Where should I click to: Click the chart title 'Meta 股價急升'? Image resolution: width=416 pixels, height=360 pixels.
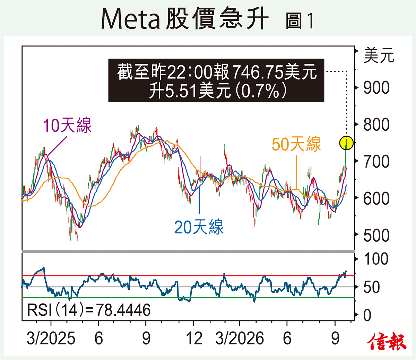click(185, 18)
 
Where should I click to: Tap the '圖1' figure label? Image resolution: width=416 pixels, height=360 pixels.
click(300, 21)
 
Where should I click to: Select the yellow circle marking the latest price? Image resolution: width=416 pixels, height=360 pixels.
click(346, 143)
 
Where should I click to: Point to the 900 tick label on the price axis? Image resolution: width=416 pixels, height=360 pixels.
click(376, 88)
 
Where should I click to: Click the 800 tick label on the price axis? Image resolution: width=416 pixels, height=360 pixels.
click(376, 125)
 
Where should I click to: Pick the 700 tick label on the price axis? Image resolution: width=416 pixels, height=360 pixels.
click(376, 162)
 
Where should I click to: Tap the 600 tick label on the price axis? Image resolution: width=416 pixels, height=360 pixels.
click(376, 198)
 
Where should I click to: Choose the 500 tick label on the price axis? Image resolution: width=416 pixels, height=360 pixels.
click(376, 235)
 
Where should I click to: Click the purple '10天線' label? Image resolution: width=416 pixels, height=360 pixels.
click(67, 125)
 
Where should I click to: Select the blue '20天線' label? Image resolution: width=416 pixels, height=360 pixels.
click(199, 227)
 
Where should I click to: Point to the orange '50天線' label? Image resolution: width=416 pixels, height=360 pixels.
click(296, 144)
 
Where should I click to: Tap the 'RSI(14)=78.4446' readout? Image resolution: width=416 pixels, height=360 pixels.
click(89, 310)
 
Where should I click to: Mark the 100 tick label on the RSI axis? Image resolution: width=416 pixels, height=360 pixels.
click(376, 259)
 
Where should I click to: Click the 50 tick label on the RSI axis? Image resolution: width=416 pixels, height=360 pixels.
click(372, 287)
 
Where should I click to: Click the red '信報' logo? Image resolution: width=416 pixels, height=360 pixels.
click(387, 341)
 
